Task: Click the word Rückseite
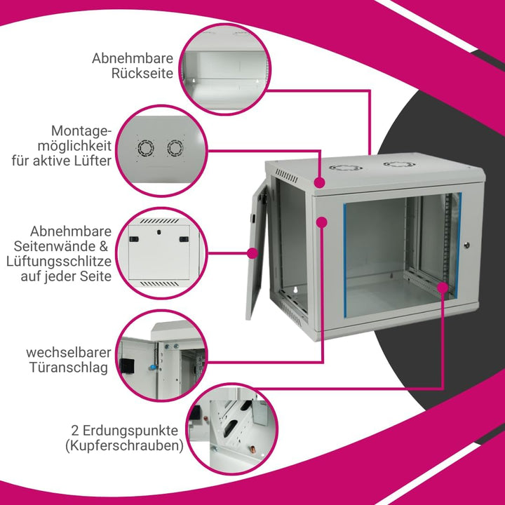[x=142, y=74]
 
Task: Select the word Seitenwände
[x=55, y=246]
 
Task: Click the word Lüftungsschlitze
[x=59, y=262]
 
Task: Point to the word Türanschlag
[x=69, y=368]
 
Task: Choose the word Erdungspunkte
[x=130, y=430]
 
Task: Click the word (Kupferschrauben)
[x=125, y=446]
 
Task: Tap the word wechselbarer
[x=69, y=352]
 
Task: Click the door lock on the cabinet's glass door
[x=466, y=245]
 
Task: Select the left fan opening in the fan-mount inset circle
[x=146, y=148]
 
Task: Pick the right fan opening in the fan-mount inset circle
[x=175, y=148]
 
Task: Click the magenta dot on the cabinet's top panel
[x=320, y=182]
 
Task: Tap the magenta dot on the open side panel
[x=252, y=252]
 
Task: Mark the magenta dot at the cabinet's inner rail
[x=443, y=288]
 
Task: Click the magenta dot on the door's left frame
[x=321, y=222]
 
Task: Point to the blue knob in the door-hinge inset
[x=152, y=367]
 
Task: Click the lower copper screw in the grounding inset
[x=252, y=449]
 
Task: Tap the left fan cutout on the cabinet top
[x=346, y=168]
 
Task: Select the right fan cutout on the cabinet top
[x=399, y=164]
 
